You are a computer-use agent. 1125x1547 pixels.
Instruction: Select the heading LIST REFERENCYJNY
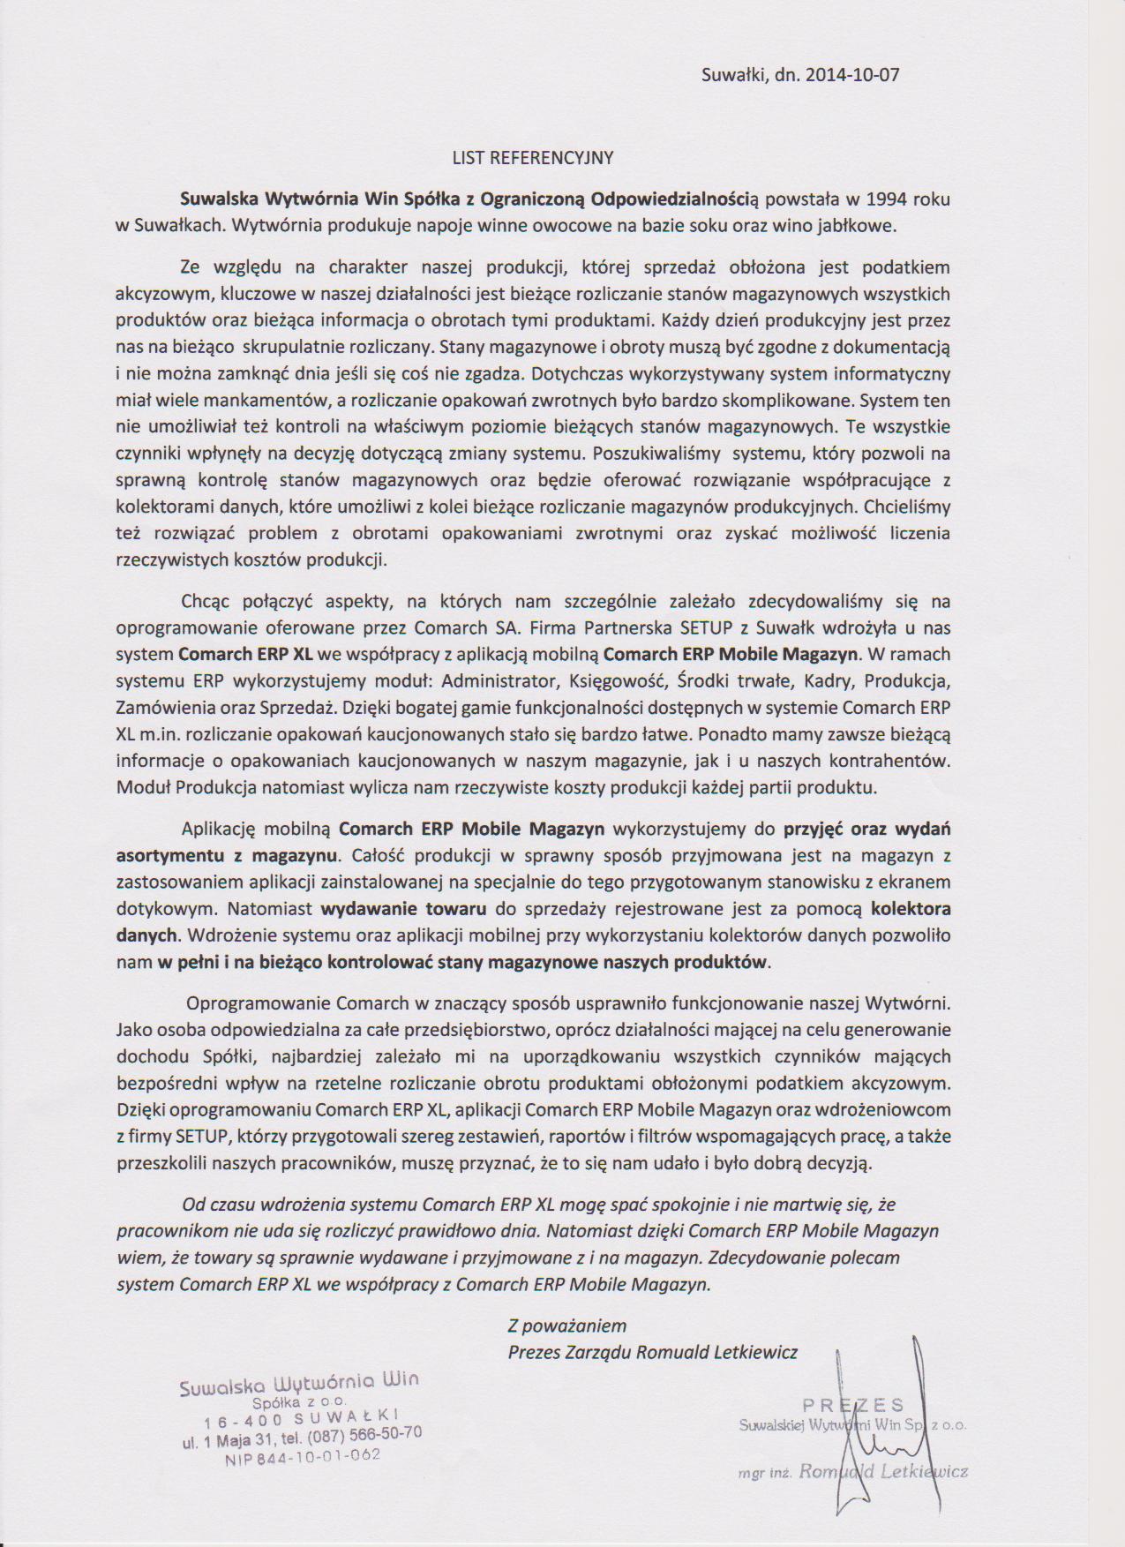click(x=532, y=158)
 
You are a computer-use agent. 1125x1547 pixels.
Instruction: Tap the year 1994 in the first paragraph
click(x=883, y=199)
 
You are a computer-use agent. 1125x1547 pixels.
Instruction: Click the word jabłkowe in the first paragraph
click(x=862, y=226)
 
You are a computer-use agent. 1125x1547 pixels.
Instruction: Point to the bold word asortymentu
click(x=161, y=855)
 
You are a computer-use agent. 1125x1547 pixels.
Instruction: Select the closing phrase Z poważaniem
click(x=566, y=1325)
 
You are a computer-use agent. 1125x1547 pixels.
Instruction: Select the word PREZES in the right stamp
click(x=853, y=1405)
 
